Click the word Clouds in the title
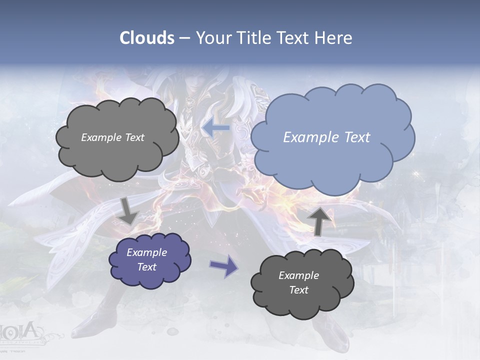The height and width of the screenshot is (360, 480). pyautogui.click(x=147, y=38)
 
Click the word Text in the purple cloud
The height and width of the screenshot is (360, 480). pyautogui.click(x=147, y=267)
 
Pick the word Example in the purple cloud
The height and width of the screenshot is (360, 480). pyautogui.click(x=147, y=252)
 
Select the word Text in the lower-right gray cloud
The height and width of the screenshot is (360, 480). pyautogui.click(x=299, y=290)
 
